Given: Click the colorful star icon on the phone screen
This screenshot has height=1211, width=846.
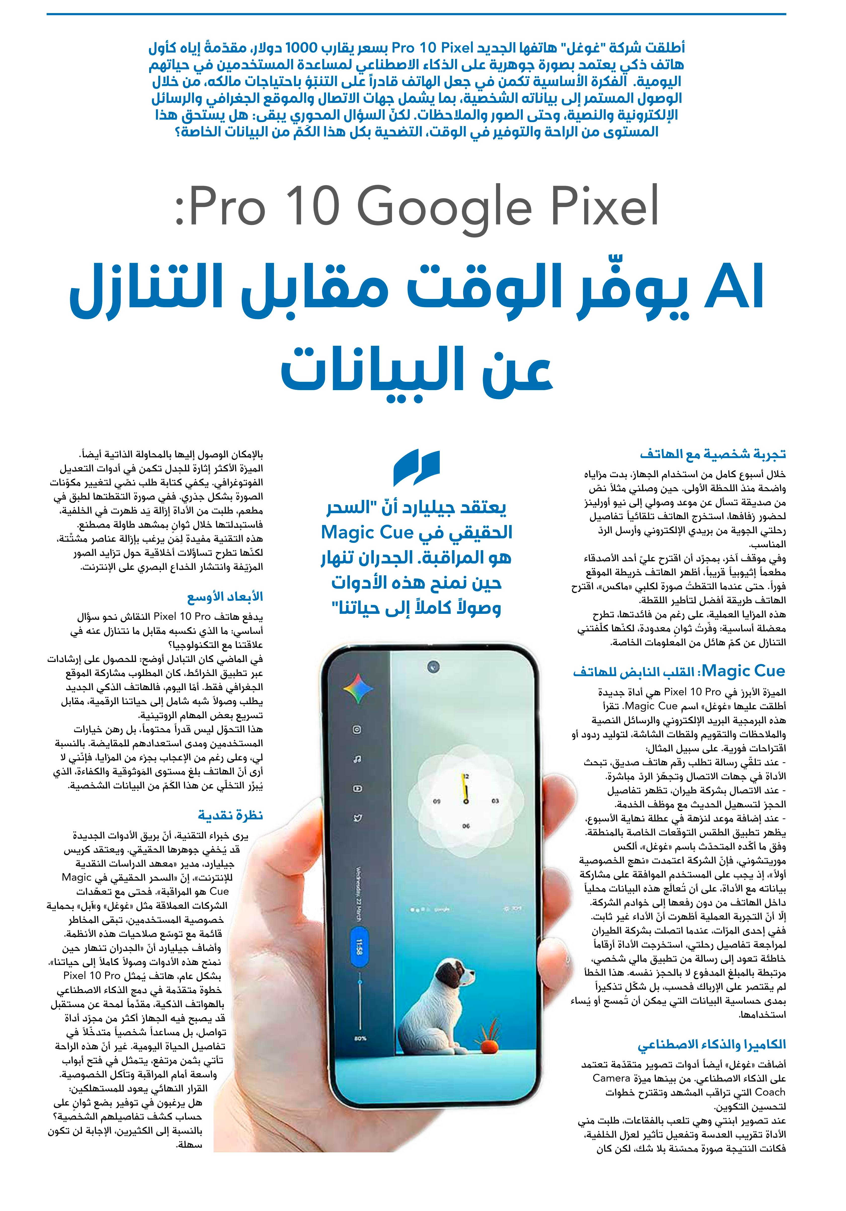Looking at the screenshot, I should click(358, 687).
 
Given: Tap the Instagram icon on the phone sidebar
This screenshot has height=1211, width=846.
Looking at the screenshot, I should click(357, 730).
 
